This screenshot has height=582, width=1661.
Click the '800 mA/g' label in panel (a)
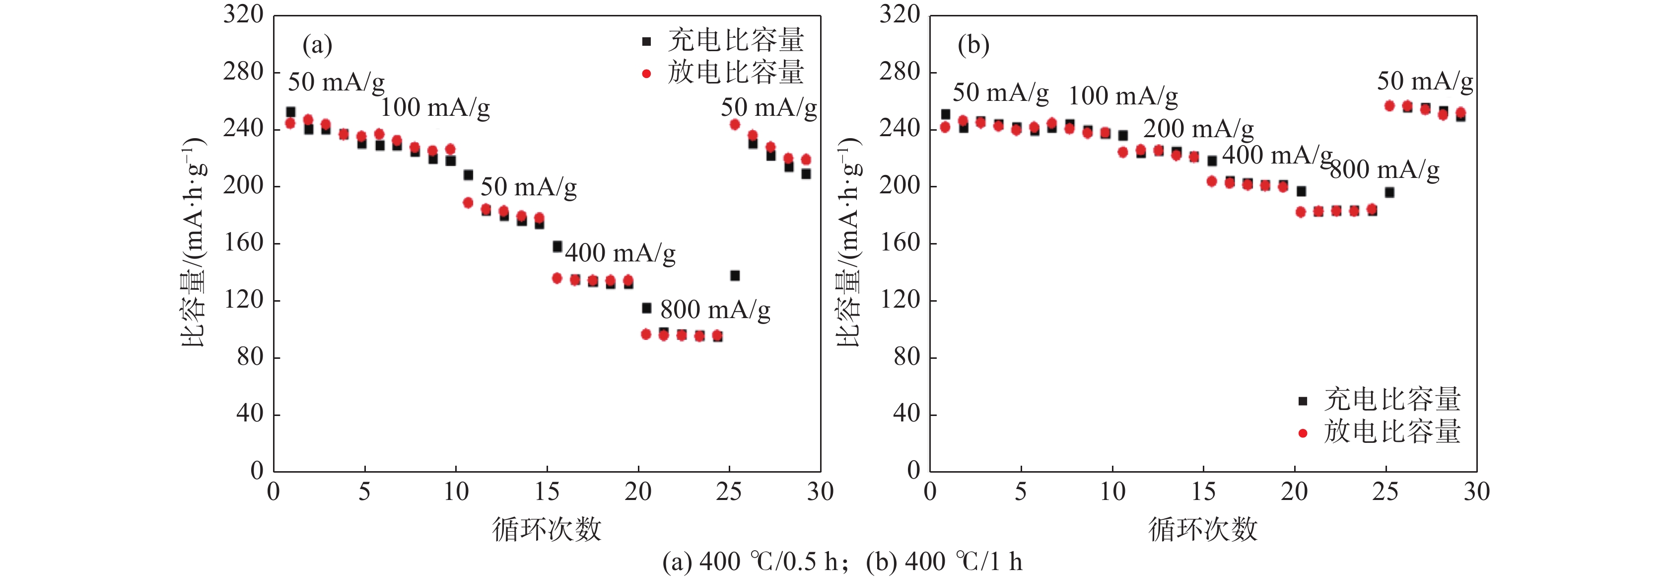[x=714, y=310]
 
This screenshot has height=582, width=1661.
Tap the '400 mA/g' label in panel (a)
[x=621, y=253]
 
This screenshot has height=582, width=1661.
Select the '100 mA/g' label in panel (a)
[x=434, y=108]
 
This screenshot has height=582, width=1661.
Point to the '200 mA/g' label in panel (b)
[x=1198, y=129]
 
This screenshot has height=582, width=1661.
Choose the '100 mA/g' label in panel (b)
[x=1122, y=96]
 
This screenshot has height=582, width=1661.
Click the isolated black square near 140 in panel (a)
[x=734, y=275]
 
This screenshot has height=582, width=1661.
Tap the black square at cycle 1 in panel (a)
[x=291, y=112]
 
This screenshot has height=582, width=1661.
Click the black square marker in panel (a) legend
[x=646, y=42]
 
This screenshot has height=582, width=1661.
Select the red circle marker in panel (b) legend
[x=1303, y=433]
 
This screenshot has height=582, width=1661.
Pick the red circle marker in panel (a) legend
[x=646, y=74]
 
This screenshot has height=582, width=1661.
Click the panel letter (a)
[x=317, y=45]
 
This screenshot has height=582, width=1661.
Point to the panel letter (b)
[x=973, y=45]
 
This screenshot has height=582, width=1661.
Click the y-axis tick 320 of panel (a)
[x=243, y=14]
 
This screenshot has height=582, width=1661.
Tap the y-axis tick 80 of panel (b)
[x=906, y=357]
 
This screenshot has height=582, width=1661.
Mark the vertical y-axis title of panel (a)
[x=194, y=242]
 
